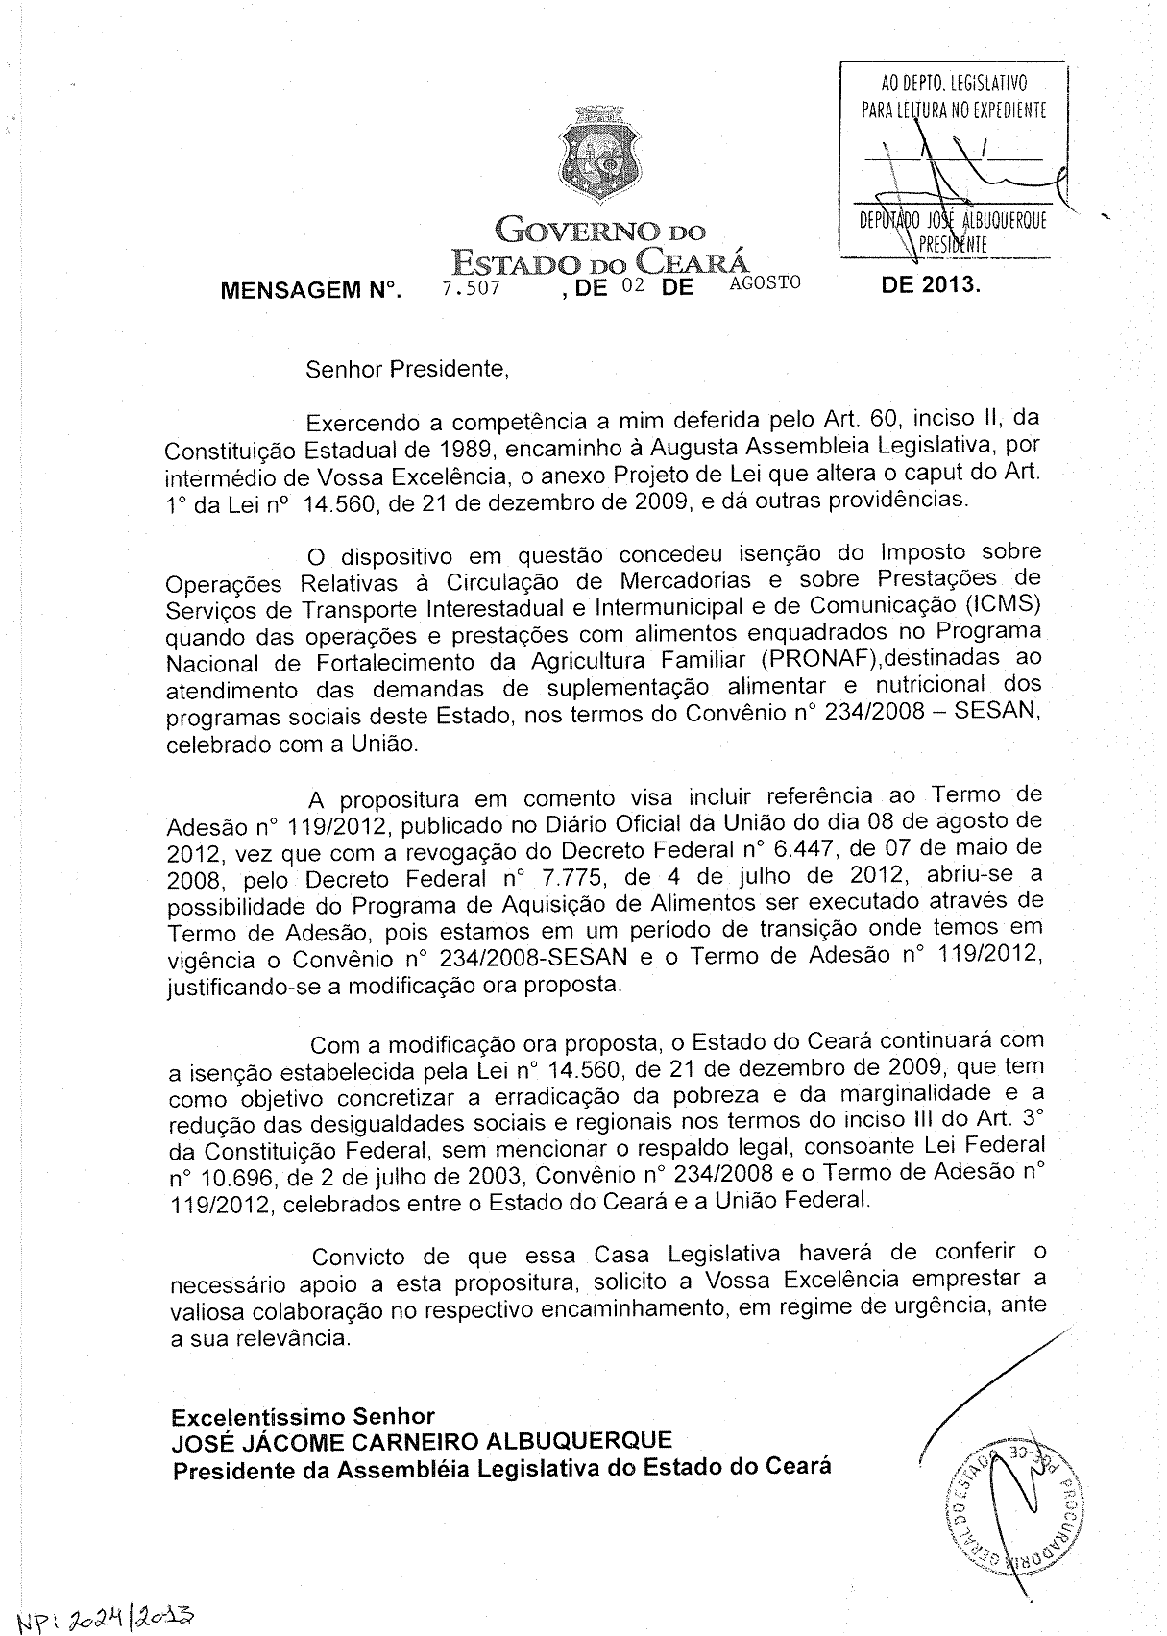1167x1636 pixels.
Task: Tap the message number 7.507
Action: pyautogui.click(x=471, y=286)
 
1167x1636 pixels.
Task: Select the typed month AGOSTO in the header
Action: pyautogui.click(x=765, y=282)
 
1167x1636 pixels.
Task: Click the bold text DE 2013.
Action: pyautogui.click(x=931, y=284)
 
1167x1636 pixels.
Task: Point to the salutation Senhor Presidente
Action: pyautogui.click(x=405, y=368)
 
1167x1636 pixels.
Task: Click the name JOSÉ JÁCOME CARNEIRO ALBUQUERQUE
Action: pyautogui.click(x=422, y=1441)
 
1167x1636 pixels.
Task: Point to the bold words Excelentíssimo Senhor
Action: pyautogui.click(x=303, y=1416)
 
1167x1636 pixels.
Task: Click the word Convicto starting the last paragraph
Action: pyautogui.click(x=357, y=1256)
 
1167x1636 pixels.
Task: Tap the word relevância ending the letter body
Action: pyautogui.click(x=282, y=1337)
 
